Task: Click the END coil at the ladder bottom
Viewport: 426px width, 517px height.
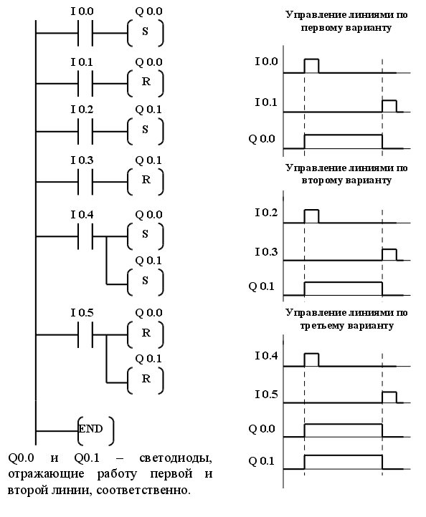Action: tap(96, 430)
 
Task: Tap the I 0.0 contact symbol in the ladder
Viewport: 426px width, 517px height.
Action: tap(85, 33)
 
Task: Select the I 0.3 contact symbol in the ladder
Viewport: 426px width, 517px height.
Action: tap(85, 181)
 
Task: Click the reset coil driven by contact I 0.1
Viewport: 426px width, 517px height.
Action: tap(146, 83)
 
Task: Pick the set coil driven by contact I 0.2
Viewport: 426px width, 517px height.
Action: tap(146, 131)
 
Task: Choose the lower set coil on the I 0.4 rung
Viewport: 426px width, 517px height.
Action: tap(146, 282)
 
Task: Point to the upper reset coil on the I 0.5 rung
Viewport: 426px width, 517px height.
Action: tap(146, 334)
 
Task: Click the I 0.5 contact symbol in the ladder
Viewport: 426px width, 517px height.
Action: tap(85, 334)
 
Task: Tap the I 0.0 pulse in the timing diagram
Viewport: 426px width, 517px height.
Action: tap(311, 66)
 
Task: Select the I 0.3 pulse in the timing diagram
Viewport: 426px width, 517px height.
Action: tap(389, 254)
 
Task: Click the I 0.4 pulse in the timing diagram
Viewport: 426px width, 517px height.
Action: tap(311, 359)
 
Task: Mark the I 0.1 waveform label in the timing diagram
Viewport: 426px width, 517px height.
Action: tap(266, 102)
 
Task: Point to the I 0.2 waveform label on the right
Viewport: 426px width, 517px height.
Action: tap(266, 213)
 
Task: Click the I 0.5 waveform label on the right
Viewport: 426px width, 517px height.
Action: tap(266, 395)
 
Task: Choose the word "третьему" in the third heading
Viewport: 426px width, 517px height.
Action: tap(323, 326)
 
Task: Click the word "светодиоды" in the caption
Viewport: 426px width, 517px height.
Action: tap(176, 458)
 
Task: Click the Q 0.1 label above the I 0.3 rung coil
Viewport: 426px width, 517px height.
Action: tap(148, 160)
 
